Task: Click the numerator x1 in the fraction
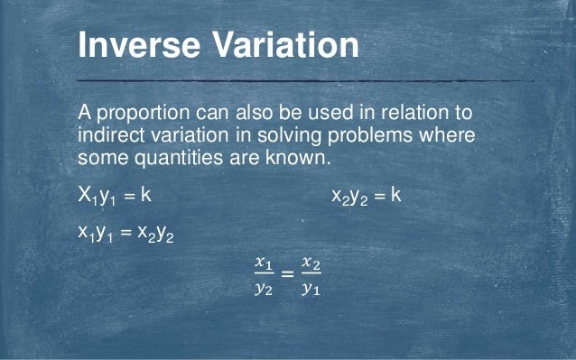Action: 264,263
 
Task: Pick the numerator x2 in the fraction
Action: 311,263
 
